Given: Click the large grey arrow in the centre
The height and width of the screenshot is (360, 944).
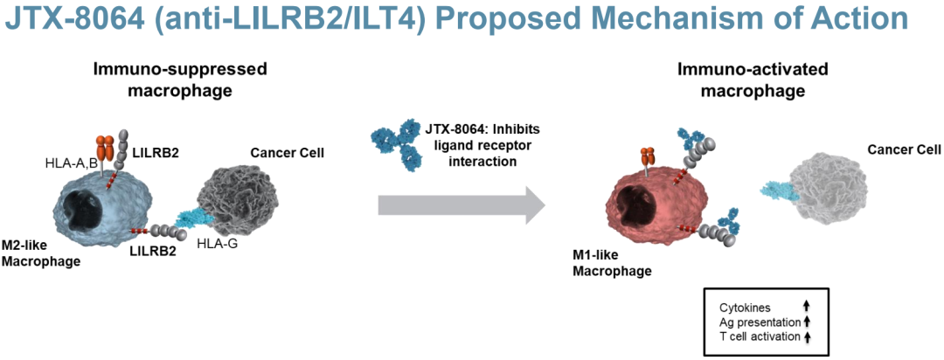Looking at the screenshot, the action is [462, 206].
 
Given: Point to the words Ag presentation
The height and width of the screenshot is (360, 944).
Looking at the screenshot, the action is [755, 322].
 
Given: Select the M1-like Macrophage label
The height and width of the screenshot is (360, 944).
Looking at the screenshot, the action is [612, 264].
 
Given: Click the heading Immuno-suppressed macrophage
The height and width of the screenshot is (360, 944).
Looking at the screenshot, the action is [179, 81].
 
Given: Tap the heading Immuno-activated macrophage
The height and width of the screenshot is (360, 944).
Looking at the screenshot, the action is [753, 81].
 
